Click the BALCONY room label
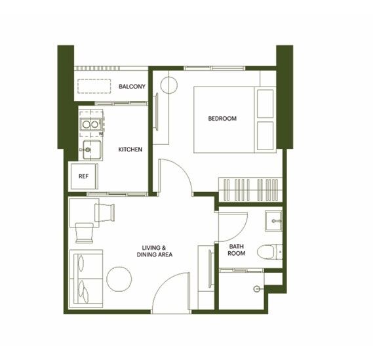point(132,87)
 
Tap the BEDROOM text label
point(222,118)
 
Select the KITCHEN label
point(130,150)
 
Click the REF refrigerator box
point(83,176)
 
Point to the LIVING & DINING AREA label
point(155,251)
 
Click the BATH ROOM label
point(237,250)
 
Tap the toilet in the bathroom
point(269,252)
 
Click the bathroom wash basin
point(273,221)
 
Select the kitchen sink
point(92,150)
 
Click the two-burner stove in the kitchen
point(90,124)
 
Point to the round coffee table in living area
point(119,279)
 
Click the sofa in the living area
point(86,279)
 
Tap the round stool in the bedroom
point(169,85)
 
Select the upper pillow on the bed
point(265,104)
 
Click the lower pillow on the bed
point(265,136)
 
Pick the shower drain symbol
point(256,289)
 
